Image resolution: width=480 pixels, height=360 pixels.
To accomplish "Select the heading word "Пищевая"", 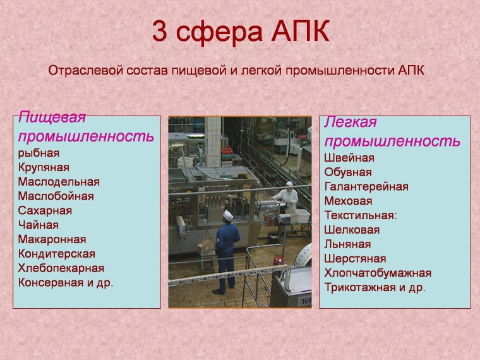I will [52, 117].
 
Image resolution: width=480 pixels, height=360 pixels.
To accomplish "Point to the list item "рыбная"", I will [39, 153].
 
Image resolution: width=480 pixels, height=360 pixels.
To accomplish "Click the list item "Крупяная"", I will [44, 167].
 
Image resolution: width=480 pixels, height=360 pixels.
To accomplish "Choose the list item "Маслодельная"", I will [59, 182].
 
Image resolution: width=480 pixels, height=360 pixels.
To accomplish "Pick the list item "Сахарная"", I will [45, 210].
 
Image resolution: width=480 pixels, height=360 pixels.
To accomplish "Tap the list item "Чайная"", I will [38, 225].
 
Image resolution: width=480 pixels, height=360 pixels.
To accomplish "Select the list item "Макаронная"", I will [52, 239].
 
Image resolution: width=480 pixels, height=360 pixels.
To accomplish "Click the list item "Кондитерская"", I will [56, 254].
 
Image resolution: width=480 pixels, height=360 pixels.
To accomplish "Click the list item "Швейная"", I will [349, 158].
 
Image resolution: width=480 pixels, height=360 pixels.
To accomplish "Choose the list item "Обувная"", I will [347, 172].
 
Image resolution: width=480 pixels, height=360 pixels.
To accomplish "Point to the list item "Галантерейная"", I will [366, 187].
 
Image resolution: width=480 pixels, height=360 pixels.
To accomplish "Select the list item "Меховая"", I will [347, 201].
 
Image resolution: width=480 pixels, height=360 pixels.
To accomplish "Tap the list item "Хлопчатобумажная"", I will [377, 273].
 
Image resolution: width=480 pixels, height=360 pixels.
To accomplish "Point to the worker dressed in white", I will [289, 197].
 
